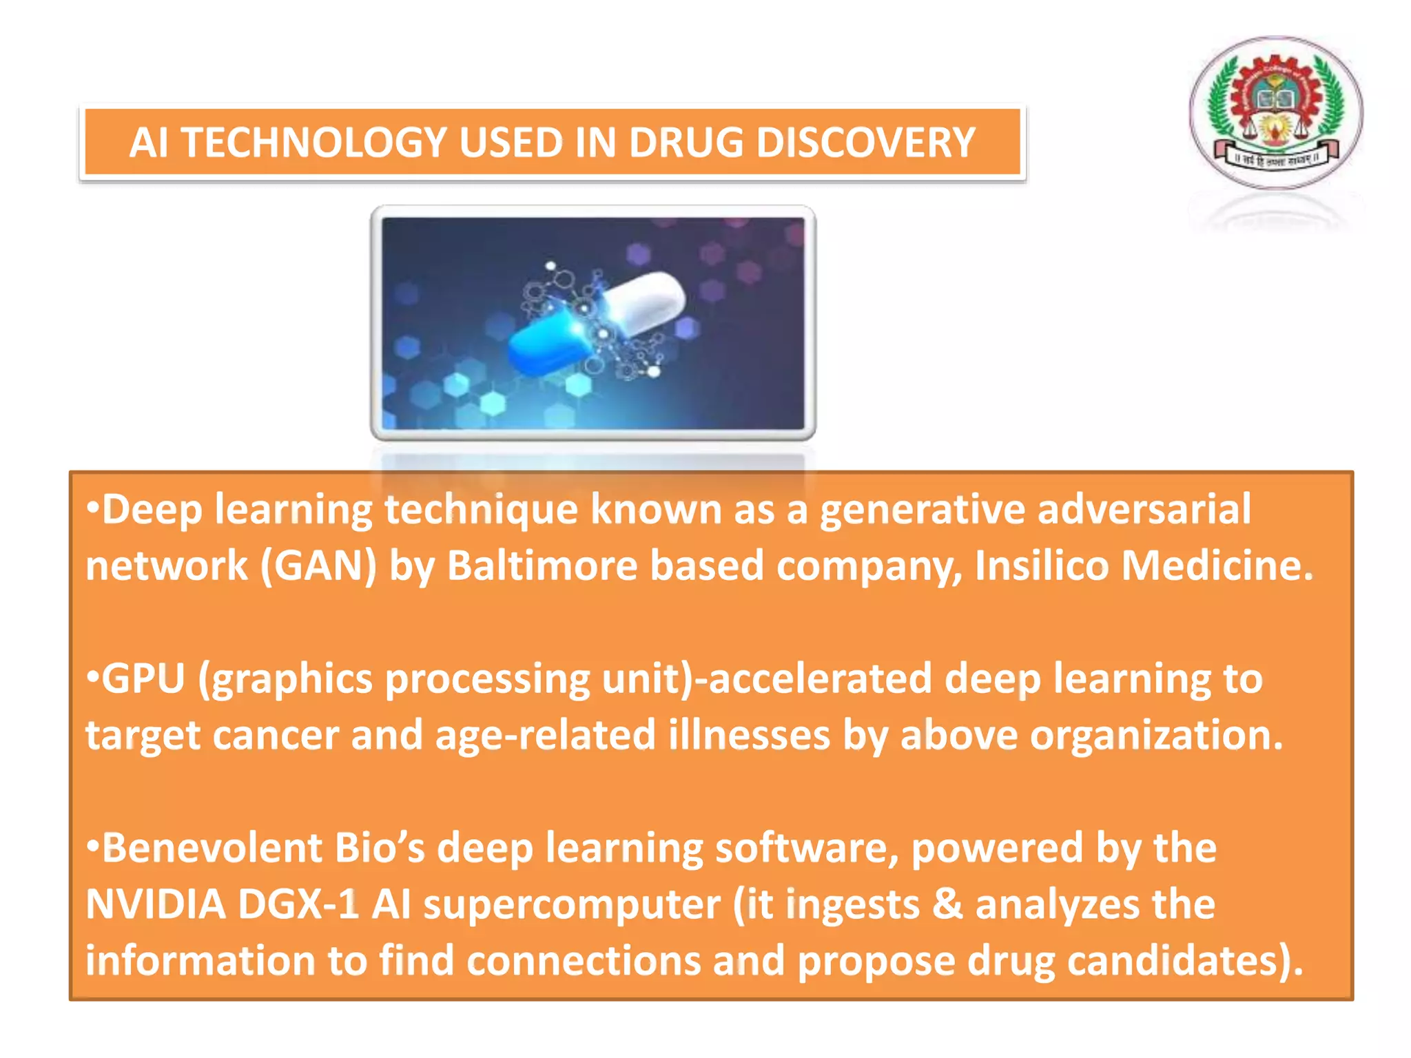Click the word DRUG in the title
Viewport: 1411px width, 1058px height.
685,143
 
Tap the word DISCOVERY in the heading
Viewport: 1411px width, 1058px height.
865,143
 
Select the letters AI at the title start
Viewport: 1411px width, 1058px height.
148,143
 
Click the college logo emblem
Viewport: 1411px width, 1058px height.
1275,113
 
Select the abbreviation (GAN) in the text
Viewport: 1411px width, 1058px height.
318,566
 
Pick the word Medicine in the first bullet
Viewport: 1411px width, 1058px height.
1216,566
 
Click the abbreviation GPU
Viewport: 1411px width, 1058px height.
143,679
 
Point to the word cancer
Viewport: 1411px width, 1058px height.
276,736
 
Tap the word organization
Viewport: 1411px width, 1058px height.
1156,736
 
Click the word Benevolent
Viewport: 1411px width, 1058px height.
212,848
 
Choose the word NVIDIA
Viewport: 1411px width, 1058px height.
156,904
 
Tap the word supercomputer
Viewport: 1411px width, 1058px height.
572,904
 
